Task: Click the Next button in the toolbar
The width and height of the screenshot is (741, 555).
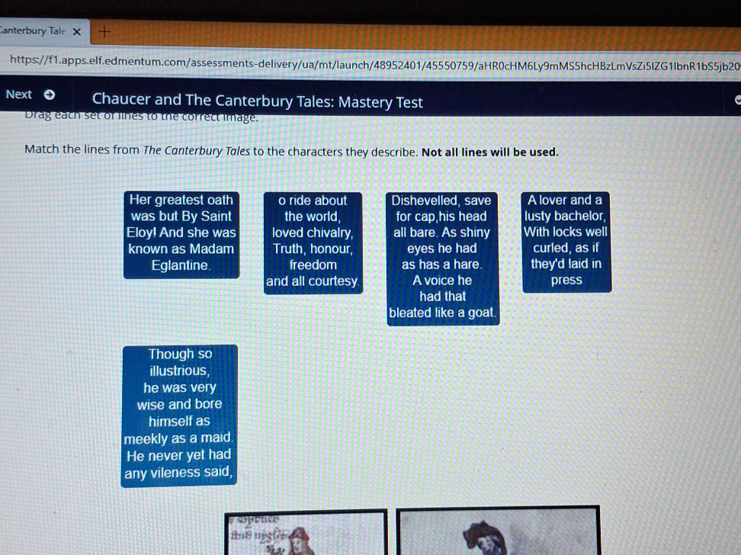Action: [x=29, y=95]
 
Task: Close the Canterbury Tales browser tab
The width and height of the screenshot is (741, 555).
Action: [x=76, y=31]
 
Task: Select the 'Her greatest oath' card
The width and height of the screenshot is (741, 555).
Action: [x=181, y=233]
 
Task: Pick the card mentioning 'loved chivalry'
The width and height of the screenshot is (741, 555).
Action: [x=313, y=240]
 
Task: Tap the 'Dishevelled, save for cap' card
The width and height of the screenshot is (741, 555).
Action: [x=442, y=257]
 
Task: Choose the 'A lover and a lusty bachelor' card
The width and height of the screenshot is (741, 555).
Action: [x=566, y=240]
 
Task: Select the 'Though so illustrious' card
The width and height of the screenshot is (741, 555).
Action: [x=180, y=414]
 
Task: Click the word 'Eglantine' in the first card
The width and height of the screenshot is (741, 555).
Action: [x=181, y=265]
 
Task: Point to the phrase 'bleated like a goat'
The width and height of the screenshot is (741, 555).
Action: [x=442, y=313]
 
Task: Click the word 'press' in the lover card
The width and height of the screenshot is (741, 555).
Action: [x=566, y=280]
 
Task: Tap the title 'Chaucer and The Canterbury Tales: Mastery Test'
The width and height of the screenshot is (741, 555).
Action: [x=257, y=101]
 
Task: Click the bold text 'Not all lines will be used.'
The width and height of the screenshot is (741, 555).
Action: [x=490, y=152]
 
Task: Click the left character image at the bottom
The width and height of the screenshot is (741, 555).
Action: [x=306, y=532]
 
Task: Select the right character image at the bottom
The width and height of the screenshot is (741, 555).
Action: [x=498, y=532]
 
